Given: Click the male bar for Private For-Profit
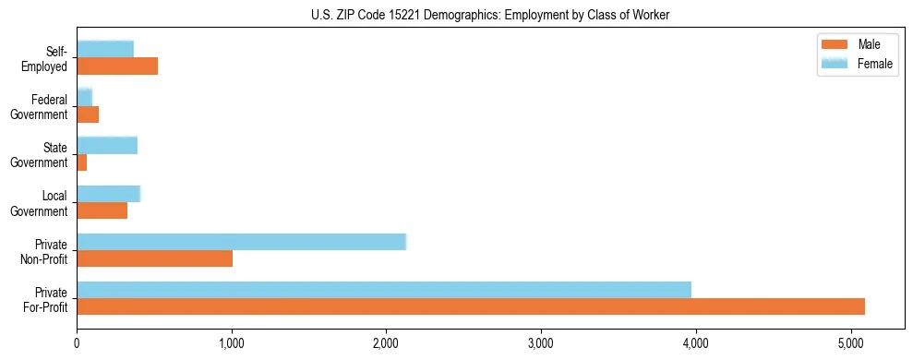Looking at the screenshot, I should pyautogui.click(x=471, y=306).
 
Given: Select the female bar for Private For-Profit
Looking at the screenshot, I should pyautogui.click(x=384, y=290).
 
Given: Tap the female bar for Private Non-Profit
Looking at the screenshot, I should pyautogui.click(x=241, y=242).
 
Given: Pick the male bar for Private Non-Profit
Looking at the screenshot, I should pyautogui.click(x=154, y=258).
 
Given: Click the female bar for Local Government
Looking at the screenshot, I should pyautogui.click(x=108, y=193).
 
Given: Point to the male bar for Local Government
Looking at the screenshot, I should pyautogui.click(x=102, y=210).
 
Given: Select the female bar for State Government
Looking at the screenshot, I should pyautogui.click(x=107, y=145).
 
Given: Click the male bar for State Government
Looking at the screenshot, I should pyautogui.click(x=82, y=162).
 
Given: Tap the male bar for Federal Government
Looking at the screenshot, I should pyautogui.click(x=88, y=114).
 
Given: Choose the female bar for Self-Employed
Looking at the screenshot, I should pyautogui.click(x=105, y=49).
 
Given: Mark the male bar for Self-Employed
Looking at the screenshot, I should pyautogui.click(x=117, y=66).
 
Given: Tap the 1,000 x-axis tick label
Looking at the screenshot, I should pyautogui.click(x=232, y=345).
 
